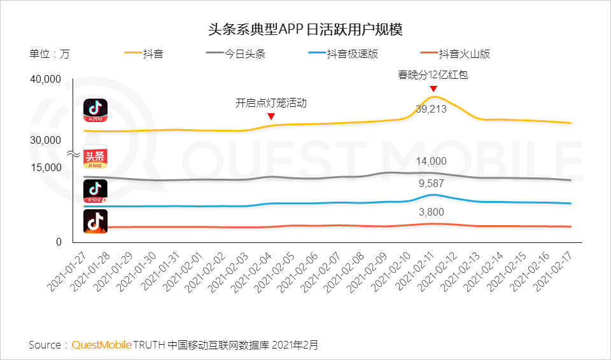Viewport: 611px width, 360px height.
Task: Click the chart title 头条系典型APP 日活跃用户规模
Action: pos(305,29)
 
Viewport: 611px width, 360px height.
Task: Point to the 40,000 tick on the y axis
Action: pos(45,80)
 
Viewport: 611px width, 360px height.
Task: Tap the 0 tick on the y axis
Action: pos(59,242)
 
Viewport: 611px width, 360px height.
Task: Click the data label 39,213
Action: pos(432,109)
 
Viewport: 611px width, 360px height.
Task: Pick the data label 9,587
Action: pos(432,184)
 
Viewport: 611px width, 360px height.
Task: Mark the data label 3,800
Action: pos(432,212)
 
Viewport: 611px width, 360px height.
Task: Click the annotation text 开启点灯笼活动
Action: pos(271,102)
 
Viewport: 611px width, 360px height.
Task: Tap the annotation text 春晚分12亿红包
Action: pos(433,75)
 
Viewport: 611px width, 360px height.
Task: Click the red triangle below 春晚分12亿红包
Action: pos(433,88)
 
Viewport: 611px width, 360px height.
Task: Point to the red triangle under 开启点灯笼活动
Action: pos(271,116)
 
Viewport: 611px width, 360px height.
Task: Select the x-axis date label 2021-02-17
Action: pos(555,271)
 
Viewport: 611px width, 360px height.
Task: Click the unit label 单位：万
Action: pos(50,54)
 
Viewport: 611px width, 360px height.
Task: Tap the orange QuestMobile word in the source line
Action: pos(101,345)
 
